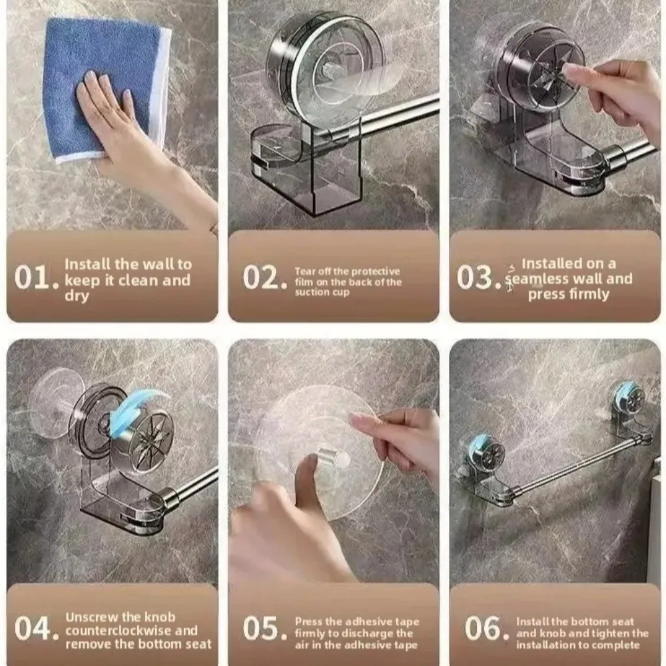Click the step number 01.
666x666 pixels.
click(37, 278)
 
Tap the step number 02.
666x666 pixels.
click(258, 278)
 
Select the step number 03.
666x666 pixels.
click(477, 278)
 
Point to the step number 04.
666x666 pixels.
click(37, 629)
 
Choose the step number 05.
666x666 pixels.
click(260, 629)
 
